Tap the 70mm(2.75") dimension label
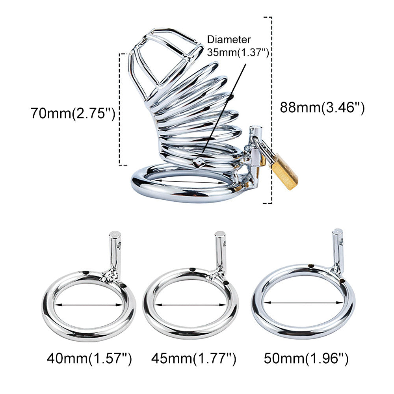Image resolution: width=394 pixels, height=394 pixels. coord(73,113)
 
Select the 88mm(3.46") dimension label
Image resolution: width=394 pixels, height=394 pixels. coord(322,107)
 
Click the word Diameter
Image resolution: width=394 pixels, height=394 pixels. coord(229,40)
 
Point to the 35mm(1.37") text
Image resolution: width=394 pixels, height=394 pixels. coord(238,52)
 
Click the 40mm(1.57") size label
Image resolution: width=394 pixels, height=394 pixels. coord(89,358)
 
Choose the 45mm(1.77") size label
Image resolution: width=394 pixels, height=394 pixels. coord(193,358)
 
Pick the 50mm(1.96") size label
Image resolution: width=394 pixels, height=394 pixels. coord(306,358)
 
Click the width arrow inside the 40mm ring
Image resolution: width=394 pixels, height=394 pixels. coord(88,305)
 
